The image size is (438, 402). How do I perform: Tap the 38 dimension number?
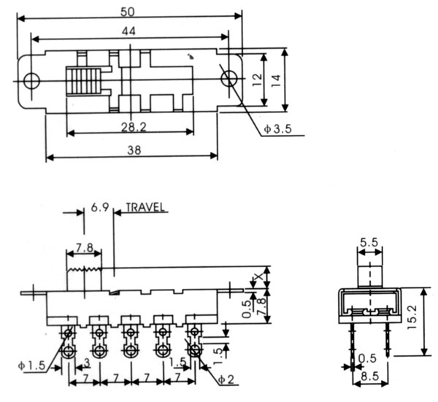coord(131,150)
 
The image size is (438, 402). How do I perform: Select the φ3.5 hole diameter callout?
coord(278,129)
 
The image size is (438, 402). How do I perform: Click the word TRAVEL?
coord(146,206)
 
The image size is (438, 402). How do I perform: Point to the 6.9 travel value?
coord(100,207)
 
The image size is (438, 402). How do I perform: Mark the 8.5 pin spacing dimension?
coord(369,379)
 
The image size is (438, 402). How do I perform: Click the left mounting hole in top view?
coord(31,79)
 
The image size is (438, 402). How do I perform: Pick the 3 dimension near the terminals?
coord(86,363)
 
